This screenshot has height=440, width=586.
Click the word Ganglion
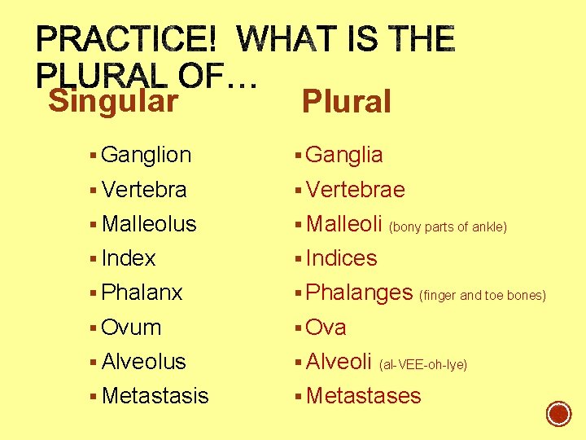coord(146,155)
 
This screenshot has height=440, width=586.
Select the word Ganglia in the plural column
coord(344,155)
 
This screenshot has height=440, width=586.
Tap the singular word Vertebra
coord(144,190)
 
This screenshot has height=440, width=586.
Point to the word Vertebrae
coord(355,190)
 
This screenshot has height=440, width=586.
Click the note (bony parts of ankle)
coord(448,227)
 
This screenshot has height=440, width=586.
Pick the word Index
coord(129,258)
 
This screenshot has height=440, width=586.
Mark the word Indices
coord(341,258)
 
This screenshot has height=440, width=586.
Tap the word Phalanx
coord(142,293)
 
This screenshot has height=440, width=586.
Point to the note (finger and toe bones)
coord(482,295)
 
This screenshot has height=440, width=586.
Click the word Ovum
coord(132,328)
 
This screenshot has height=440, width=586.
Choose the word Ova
coord(326,328)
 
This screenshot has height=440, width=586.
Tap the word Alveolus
coord(144,362)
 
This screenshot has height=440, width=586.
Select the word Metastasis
coord(155,396)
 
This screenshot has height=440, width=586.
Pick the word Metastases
coord(363,396)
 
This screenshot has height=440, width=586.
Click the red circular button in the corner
coord(558,413)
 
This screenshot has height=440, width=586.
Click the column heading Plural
coord(346,103)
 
